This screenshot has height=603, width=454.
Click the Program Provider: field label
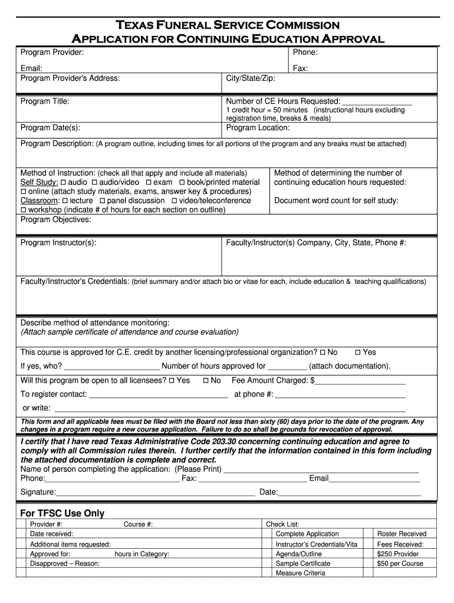tap(52, 53)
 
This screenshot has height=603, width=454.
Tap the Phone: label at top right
tap(305, 53)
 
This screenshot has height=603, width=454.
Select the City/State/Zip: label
tap(251, 78)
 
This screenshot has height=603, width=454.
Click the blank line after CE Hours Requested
tap(377, 101)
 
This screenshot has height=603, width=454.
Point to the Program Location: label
tap(258, 128)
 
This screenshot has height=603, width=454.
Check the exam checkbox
tap(149, 183)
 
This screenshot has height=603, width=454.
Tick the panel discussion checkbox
tap(102, 201)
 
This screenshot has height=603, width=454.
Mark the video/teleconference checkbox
tap(174, 201)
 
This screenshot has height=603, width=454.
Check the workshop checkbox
tap(24, 210)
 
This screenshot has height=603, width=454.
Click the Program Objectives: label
tap(56, 220)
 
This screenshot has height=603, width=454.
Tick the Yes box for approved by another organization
tap(357, 353)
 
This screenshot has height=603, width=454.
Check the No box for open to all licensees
tap(206, 381)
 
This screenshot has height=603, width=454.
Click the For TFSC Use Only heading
tap(62, 513)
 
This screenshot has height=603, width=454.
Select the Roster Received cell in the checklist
tap(402, 534)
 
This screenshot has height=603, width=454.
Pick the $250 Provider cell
tap(398, 554)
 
